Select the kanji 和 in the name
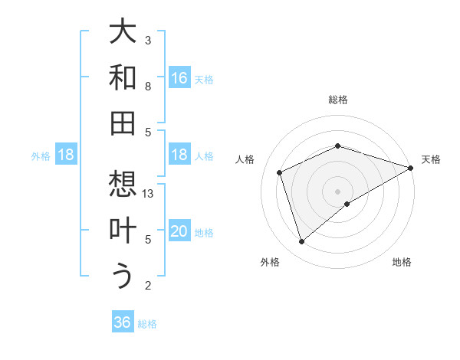123,77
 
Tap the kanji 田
123,123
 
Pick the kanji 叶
123,231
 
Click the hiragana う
123,276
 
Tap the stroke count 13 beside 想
149,194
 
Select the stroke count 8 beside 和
148,87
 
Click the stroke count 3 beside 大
148,40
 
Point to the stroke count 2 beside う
148,286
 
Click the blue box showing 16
179,77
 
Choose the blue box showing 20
179,231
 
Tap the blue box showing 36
123,322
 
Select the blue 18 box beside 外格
66,155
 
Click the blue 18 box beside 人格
179,155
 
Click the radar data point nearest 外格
302,242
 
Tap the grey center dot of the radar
338,191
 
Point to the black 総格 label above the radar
338,100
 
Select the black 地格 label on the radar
402,262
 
